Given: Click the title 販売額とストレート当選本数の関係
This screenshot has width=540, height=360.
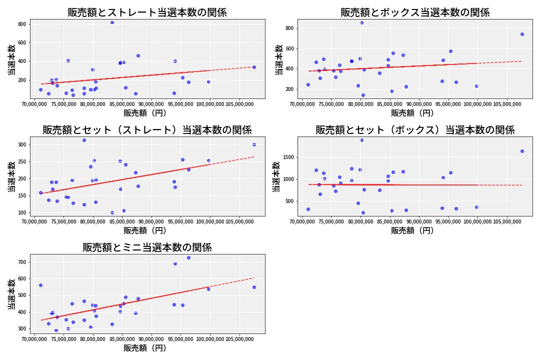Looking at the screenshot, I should click(147, 12).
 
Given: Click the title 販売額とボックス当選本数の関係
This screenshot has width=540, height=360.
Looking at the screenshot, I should click(415, 12).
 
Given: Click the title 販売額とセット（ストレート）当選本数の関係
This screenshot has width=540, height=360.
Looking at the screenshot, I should click(147, 130).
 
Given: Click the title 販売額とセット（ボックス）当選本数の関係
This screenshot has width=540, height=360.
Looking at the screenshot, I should click(415, 130).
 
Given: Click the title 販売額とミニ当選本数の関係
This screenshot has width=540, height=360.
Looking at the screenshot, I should click(147, 247).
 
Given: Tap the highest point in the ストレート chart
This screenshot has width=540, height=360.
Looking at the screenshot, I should click(112, 22).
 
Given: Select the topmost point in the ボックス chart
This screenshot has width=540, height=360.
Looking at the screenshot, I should click(361, 22).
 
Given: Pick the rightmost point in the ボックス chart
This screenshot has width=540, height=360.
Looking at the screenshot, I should click(522, 34).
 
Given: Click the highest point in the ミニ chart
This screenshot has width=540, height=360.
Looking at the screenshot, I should click(188, 258).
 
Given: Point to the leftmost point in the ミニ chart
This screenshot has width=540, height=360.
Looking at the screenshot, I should click(40, 285).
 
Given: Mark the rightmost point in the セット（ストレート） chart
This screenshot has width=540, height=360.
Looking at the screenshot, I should click(254, 144).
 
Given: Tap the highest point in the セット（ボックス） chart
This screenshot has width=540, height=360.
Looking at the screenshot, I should click(361, 140).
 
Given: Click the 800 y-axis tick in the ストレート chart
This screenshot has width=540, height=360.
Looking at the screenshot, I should click(22, 23).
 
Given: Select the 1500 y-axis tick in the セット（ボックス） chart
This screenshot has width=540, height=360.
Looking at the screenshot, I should click(287, 157).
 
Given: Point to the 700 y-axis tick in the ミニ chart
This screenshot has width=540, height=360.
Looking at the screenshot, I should click(22, 262).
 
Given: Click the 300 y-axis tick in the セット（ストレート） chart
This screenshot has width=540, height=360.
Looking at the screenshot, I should click(22, 144).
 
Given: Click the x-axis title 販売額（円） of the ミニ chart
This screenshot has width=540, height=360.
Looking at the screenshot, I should click(145, 348).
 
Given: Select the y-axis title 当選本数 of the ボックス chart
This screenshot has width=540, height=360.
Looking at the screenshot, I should click(279, 59).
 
